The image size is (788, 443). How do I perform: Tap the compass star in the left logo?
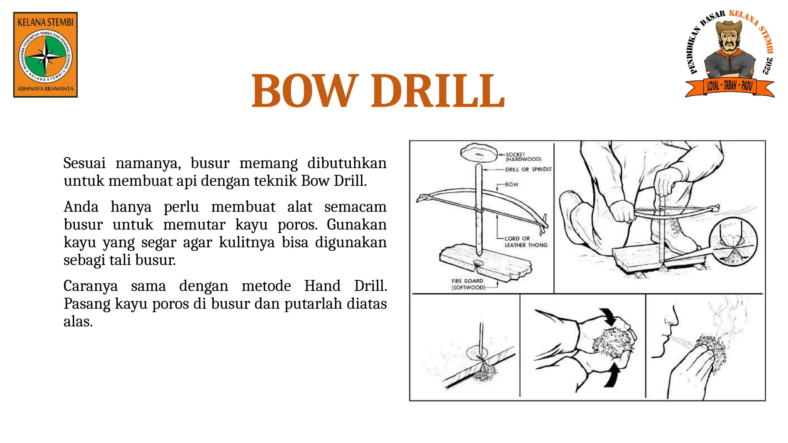pyautogui.click(x=46, y=57)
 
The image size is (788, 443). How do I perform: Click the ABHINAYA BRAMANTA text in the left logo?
pyautogui.click(x=45, y=89)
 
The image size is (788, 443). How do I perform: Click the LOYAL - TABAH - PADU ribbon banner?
pyautogui.click(x=730, y=86)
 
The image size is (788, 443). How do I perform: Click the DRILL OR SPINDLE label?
pyautogui.click(x=528, y=169)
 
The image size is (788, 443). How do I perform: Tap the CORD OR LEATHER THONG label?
pyautogui.click(x=525, y=241)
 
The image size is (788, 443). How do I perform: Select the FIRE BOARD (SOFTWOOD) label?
pyautogui.click(x=468, y=284)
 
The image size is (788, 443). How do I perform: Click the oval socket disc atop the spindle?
pyautogui.click(x=478, y=152)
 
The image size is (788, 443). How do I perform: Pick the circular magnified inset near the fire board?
pyautogui.click(x=733, y=241)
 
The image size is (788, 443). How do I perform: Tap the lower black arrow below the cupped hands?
pyautogui.click(x=612, y=375)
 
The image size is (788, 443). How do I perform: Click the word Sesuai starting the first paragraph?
pyautogui.click(x=84, y=163)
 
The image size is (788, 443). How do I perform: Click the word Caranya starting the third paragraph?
pyautogui.click(x=90, y=286)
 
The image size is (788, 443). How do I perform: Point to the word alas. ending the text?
pyautogui.click(x=78, y=321)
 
